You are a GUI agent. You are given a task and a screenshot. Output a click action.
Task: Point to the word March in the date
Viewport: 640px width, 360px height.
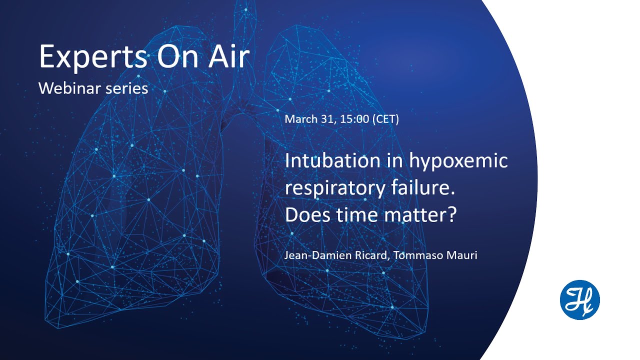(301, 119)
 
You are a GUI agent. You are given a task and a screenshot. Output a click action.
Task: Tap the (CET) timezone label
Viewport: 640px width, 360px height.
(385, 119)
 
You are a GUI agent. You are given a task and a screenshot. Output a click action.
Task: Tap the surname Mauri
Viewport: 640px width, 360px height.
(461, 255)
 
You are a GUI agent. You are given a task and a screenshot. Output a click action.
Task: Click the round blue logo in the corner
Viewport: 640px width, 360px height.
(579, 300)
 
